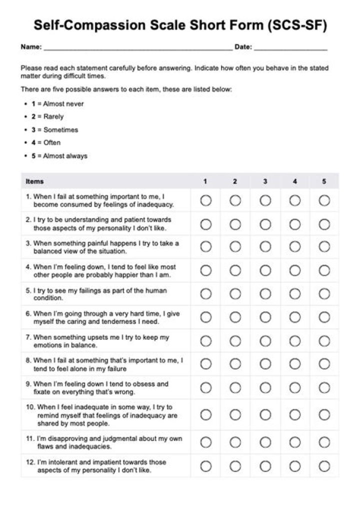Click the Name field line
tap(137, 49)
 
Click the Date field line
tap(290, 49)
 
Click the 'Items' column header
tap(34, 182)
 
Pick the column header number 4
tap(294, 182)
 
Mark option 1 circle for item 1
tap(205, 201)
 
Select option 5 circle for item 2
tap(324, 224)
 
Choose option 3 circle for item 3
tap(265, 247)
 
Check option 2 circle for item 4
tap(235, 271)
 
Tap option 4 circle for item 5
tap(294, 294)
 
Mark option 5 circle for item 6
tap(324, 317)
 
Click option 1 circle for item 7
tap(205, 341)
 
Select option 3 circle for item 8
tap(265, 364)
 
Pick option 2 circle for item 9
tap(235, 388)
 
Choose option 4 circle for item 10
tap(294, 415)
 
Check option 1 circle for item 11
tap(205, 442)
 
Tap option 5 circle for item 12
tap(324, 466)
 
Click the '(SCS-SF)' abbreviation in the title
tap(291, 26)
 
